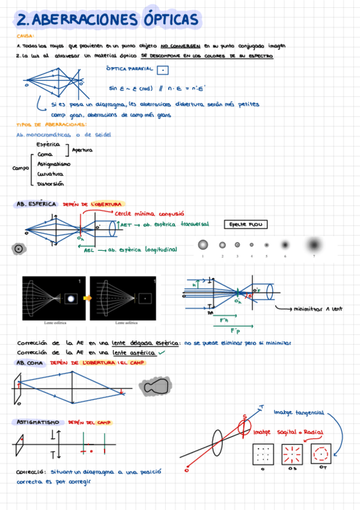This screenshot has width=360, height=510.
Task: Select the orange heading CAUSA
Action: point(24,36)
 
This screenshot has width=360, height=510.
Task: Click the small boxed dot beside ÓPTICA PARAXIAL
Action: point(162,70)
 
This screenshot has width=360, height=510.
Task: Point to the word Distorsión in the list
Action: point(50,183)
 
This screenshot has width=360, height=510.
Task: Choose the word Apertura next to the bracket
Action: point(82,150)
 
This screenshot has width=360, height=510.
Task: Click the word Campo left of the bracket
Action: point(21,168)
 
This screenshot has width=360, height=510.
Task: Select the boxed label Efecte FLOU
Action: point(245,224)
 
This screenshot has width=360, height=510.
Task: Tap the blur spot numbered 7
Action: point(313,245)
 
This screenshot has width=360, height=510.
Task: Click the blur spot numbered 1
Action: point(203,244)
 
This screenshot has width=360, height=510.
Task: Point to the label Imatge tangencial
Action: point(298,413)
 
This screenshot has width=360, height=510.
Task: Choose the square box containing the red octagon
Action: point(322,452)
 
